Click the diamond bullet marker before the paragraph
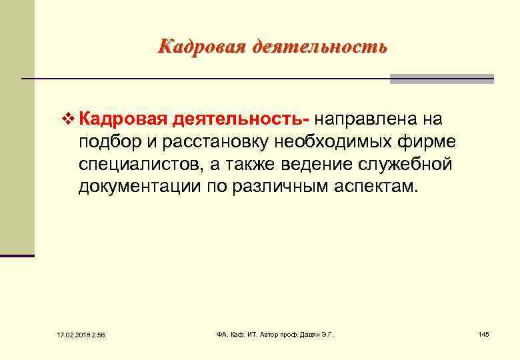pos(65,120)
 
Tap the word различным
pos(290,186)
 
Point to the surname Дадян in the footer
pos(308,333)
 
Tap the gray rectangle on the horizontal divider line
pos(441,79)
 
